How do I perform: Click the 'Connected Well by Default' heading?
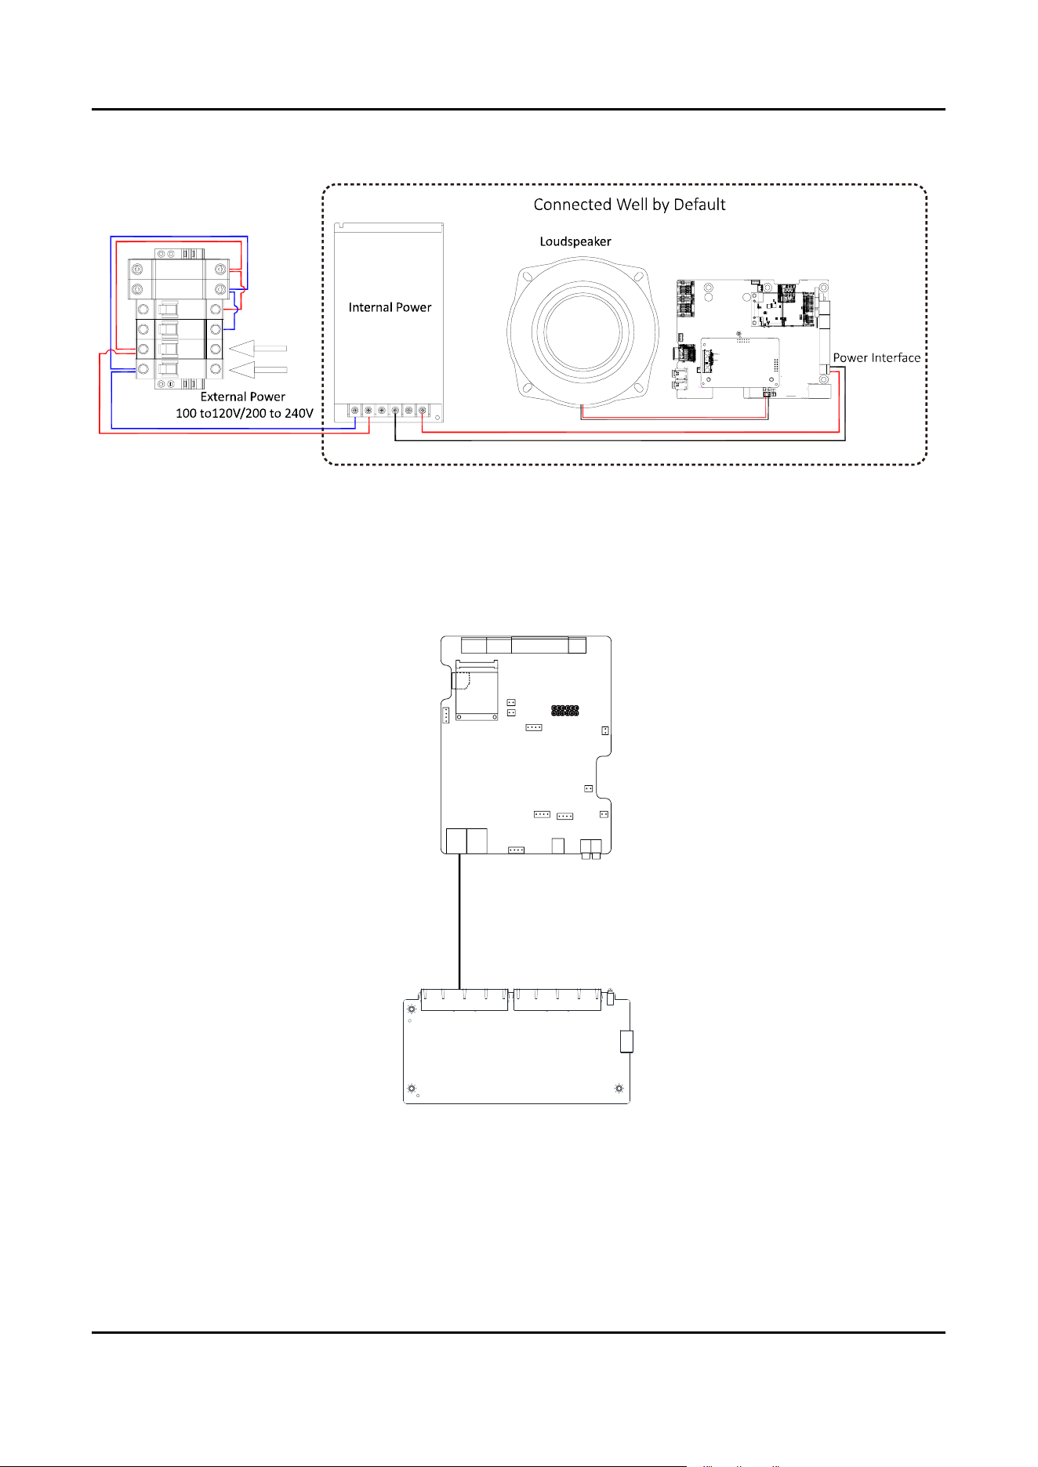pos(630,205)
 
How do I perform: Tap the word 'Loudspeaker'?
pos(575,241)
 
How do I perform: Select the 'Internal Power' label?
pos(390,307)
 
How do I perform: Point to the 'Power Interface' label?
pos(876,357)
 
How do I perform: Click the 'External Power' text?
pos(243,397)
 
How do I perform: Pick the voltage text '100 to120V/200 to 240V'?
pos(245,413)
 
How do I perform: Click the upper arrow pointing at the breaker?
pos(258,347)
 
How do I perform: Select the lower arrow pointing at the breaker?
pos(258,369)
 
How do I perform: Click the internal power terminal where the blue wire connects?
pos(354,410)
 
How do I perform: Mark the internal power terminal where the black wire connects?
pos(395,410)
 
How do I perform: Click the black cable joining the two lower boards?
pos(459,922)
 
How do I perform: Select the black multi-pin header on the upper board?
pos(564,711)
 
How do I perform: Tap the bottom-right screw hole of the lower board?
pos(619,1088)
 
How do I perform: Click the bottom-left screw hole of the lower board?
pos(412,1088)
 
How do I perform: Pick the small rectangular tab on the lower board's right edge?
pos(626,1041)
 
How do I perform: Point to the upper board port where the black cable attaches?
pos(456,841)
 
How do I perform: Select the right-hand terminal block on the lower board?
pos(557,1000)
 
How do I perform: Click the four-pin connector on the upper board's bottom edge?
pos(516,849)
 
